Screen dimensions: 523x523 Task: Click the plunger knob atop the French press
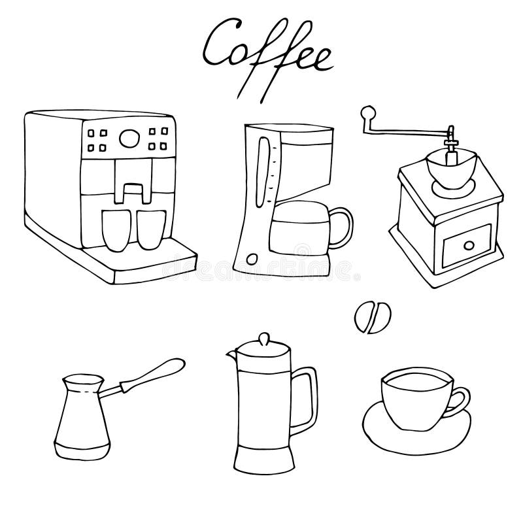point(263,341)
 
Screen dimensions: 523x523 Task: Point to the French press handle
point(310,396)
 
